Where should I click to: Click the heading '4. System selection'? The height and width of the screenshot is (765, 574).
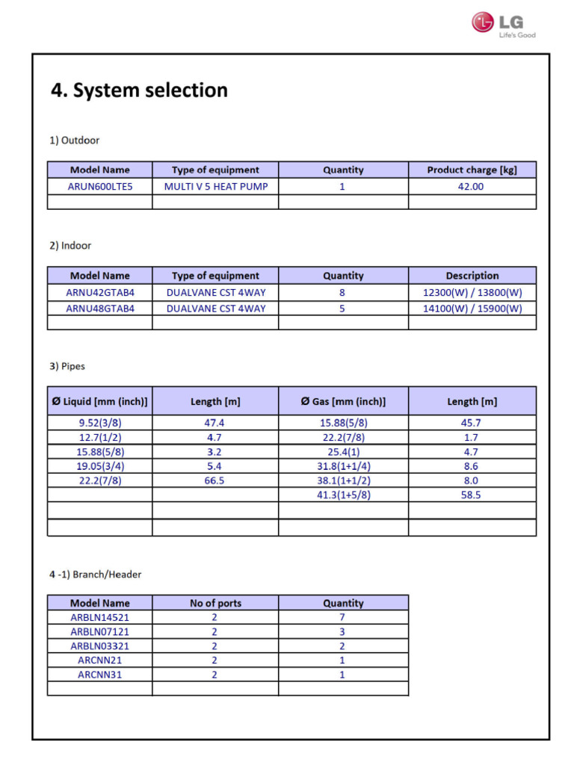tap(139, 90)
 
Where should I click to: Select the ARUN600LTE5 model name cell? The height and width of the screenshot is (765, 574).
tap(100, 187)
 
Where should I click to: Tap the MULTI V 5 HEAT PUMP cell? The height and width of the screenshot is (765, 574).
tap(215, 187)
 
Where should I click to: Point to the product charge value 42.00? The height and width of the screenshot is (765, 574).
tap(471, 187)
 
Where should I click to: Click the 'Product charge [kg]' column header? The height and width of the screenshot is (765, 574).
tap(472, 170)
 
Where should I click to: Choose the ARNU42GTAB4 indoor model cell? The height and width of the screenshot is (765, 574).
tap(100, 294)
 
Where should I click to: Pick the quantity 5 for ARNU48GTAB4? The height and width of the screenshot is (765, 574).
tap(342, 309)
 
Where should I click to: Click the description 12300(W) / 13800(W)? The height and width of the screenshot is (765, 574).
tap(472, 294)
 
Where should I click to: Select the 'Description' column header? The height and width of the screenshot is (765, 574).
tap(472, 276)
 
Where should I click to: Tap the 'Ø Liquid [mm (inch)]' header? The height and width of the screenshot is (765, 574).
tap(100, 402)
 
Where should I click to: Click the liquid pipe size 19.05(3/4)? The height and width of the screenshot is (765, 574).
tap(100, 466)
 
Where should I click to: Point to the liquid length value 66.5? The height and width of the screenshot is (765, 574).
tap(215, 481)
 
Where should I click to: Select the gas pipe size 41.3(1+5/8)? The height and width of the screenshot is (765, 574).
tap(343, 495)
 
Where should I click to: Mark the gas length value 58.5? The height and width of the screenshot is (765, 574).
tap(472, 495)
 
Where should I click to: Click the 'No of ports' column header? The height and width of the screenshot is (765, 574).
tap(215, 604)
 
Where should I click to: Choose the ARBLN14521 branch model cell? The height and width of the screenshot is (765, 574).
tap(100, 618)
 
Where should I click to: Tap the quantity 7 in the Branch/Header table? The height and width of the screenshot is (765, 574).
tap(343, 618)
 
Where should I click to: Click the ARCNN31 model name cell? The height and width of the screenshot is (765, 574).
tap(100, 675)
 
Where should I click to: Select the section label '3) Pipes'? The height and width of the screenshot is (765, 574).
tap(67, 367)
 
